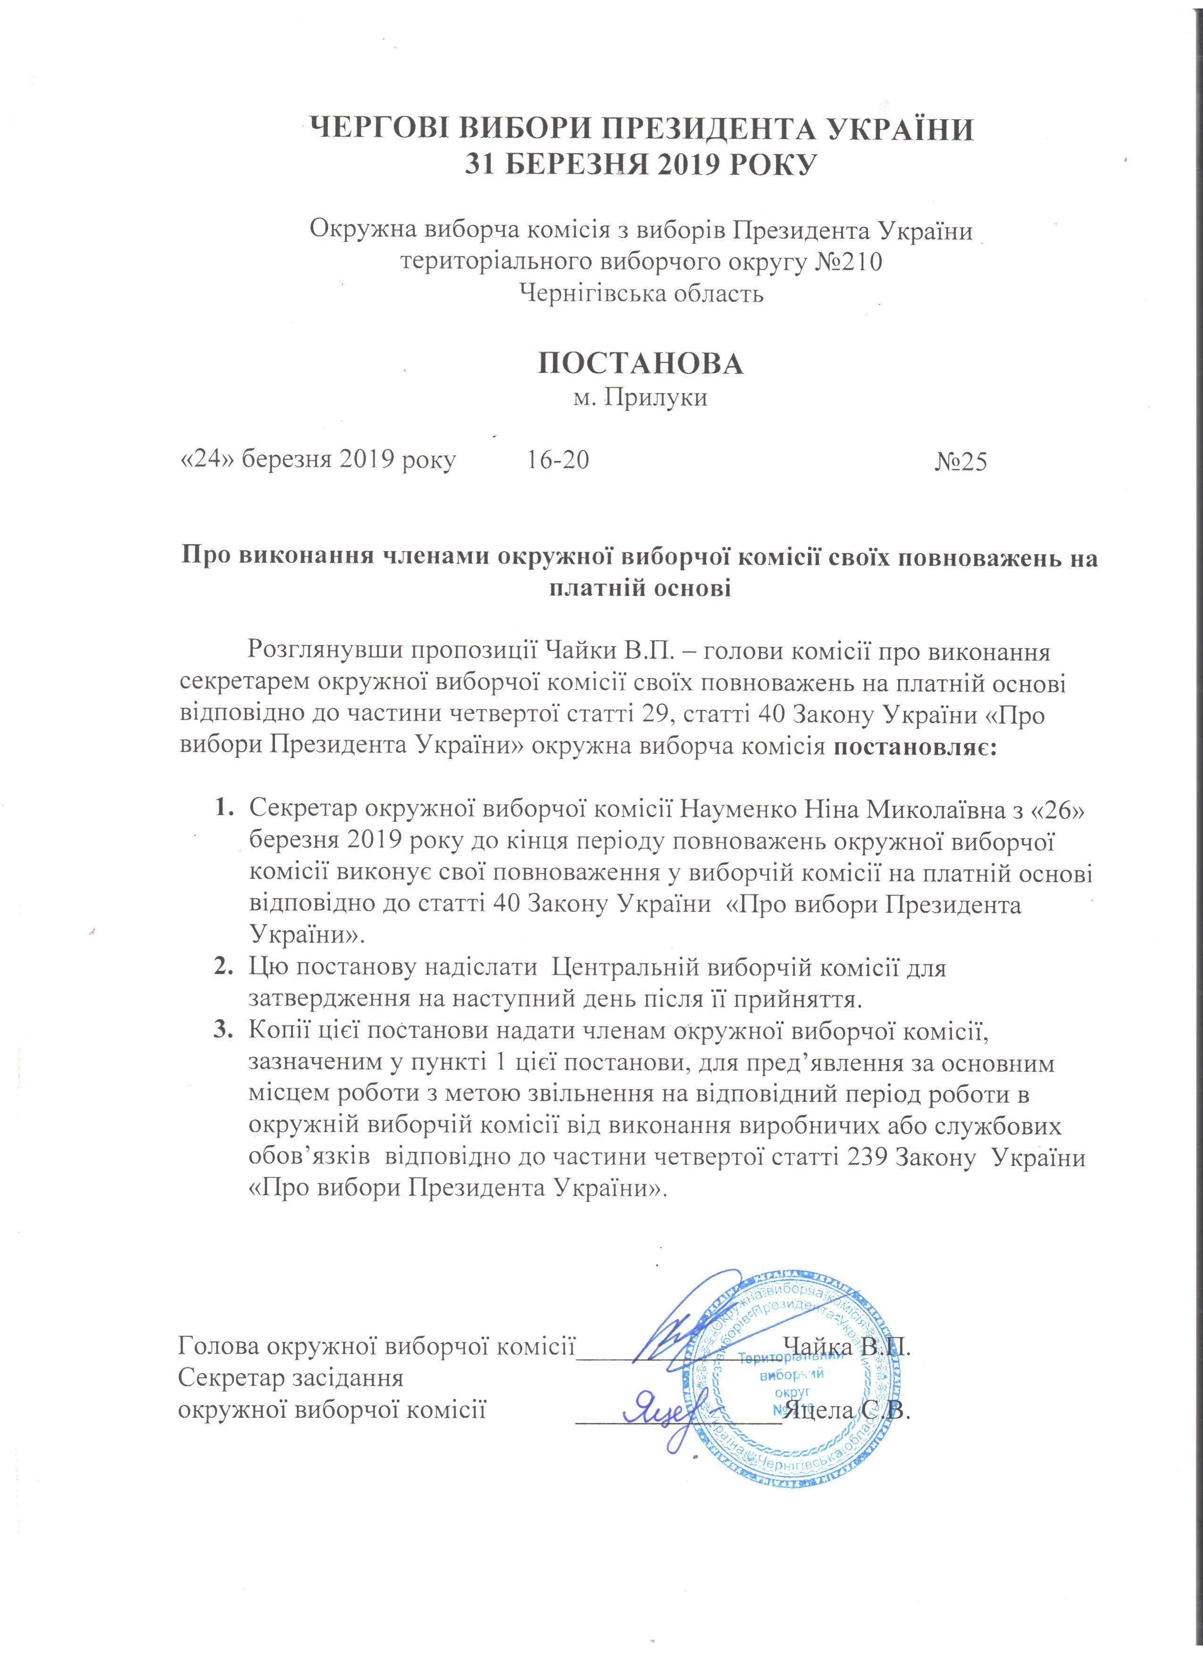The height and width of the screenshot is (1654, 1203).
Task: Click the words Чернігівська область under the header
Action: (641, 293)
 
